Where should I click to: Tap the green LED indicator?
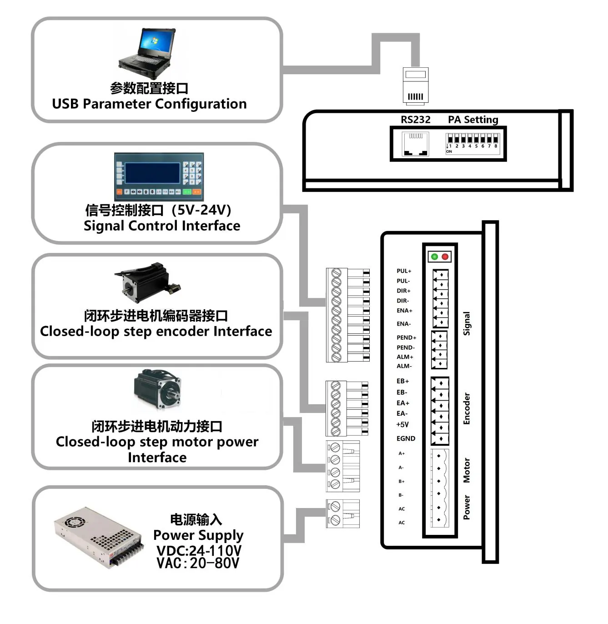click(435, 257)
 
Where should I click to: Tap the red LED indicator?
click(445, 257)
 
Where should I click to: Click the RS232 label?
click(415, 120)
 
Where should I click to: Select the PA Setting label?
click(473, 120)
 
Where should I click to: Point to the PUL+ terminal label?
click(404, 271)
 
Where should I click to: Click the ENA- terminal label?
click(403, 324)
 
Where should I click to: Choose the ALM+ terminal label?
click(405, 357)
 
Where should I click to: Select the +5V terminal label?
click(402, 424)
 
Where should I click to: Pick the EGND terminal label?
click(406, 438)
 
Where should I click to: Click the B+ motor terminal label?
click(402, 481)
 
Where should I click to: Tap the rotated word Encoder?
click(467, 408)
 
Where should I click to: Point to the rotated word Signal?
click(467, 323)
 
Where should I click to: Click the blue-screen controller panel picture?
click(159, 176)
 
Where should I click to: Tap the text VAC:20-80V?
click(198, 563)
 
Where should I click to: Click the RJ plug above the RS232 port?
click(416, 86)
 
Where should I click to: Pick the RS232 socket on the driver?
click(415, 144)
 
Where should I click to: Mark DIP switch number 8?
click(496, 139)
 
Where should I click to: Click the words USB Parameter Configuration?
click(150, 104)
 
